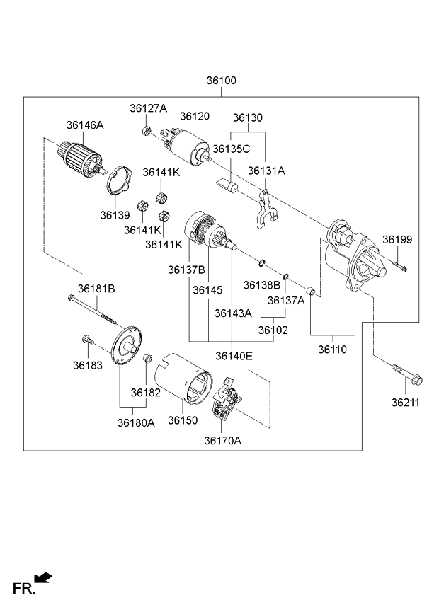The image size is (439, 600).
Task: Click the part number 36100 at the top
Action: click(222, 81)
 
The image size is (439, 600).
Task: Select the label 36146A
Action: click(85, 125)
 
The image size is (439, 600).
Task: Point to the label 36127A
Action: click(148, 108)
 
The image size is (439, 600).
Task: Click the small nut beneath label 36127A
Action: click(145, 130)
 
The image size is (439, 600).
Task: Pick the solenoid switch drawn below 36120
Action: click(186, 143)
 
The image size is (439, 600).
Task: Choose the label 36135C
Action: click(232, 149)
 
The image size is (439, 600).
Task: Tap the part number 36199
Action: click(397, 240)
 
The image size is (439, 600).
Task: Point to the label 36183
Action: click(87, 365)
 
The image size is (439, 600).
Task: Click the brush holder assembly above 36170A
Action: click(228, 402)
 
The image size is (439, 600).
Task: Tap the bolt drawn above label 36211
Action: click(406, 376)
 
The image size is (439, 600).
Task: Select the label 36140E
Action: click(234, 356)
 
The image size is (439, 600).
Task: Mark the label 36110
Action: click(332, 350)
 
